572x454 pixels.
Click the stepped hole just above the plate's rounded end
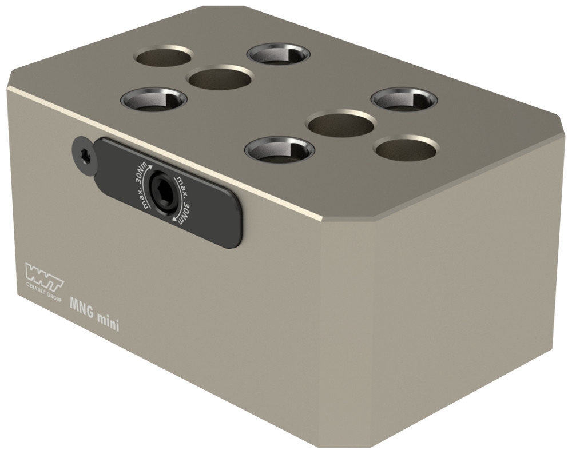click(x=279, y=150)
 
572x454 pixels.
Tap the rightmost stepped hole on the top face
click(x=404, y=99)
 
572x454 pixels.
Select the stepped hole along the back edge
click(x=279, y=54)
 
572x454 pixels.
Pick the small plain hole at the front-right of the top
click(x=406, y=148)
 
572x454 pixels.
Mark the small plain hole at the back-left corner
click(x=164, y=57)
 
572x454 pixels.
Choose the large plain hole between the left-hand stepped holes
click(x=220, y=78)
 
